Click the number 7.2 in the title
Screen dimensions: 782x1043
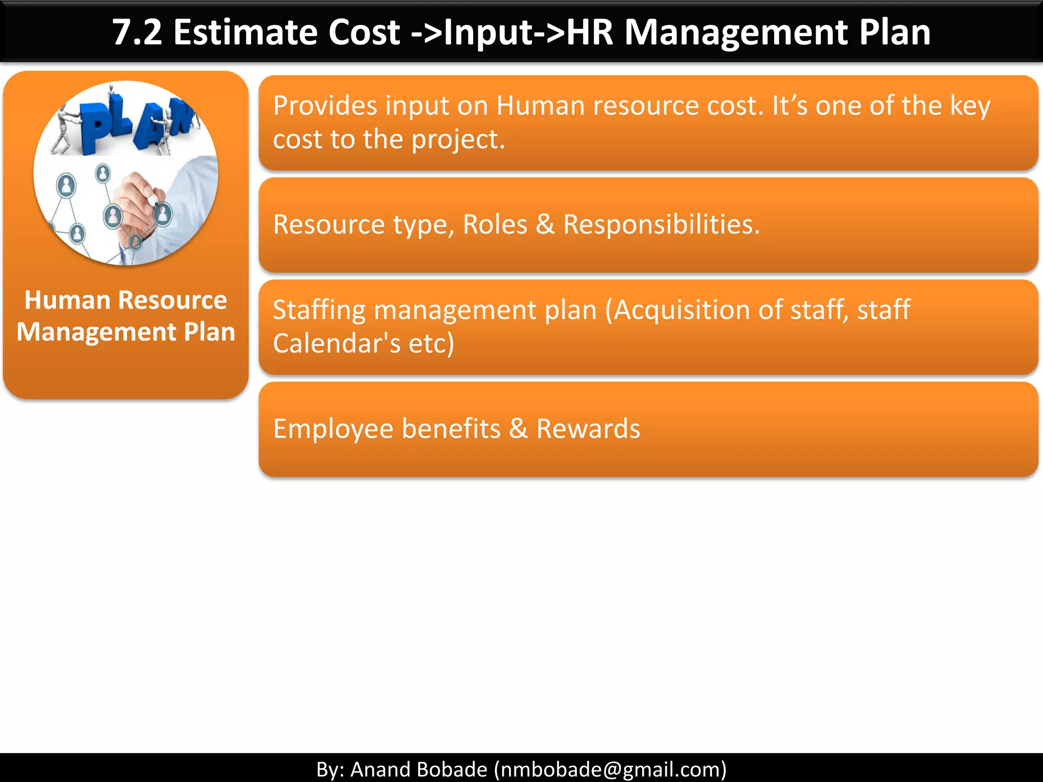coord(137,33)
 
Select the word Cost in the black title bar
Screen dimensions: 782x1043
coord(364,33)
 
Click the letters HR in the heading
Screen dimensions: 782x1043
coord(590,33)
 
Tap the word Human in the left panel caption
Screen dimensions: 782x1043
coord(60,300)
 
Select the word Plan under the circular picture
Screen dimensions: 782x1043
coord(209,332)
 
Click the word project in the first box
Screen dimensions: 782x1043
coord(457,139)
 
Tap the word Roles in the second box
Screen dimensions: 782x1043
coord(495,225)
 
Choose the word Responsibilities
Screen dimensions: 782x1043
coord(661,225)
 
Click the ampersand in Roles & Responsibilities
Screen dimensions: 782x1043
coord(545,225)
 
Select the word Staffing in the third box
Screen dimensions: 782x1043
coord(319,310)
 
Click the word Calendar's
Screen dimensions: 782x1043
coord(337,343)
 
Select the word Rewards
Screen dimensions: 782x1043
coord(588,429)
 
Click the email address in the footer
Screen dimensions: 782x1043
coord(610,769)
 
